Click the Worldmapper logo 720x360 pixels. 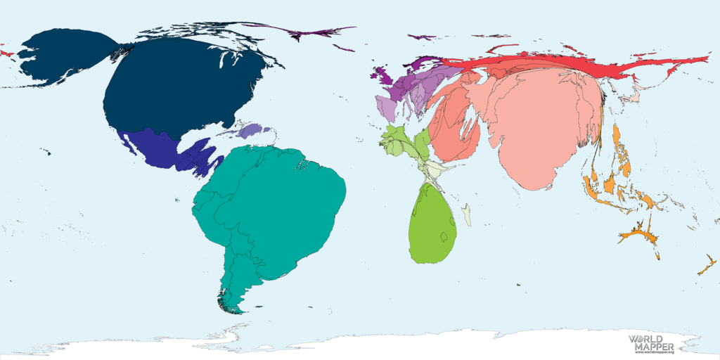coord(651,343)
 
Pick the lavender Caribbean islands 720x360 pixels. coord(243,131)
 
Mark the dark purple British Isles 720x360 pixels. coord(383,73)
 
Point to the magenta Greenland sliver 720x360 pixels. coord(309,32)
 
